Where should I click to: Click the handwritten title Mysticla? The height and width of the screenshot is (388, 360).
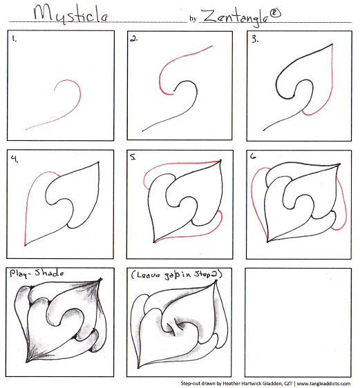(x=70, y=14)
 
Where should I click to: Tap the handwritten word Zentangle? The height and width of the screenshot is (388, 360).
(x=235, y=17)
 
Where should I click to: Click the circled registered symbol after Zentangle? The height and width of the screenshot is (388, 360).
(x=275, y=13)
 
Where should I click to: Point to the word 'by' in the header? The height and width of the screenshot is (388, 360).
(x=193, y=19)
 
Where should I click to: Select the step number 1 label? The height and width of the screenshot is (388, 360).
(x=15, y=39)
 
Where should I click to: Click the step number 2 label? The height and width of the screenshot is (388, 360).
(x=134, y=39)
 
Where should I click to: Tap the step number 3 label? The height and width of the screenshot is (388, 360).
(x=255, y=39)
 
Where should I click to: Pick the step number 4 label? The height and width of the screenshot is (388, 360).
(x=15, y=159)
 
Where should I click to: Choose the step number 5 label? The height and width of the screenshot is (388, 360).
(x=133, y=157)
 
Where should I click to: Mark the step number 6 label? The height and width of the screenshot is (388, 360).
(x=253, y=156)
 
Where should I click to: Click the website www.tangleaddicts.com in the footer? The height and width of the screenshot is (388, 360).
(x=323, y=384)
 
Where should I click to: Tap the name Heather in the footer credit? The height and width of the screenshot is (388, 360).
(x=231, y=384)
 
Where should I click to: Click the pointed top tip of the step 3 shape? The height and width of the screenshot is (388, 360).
(x=332, y=45)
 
